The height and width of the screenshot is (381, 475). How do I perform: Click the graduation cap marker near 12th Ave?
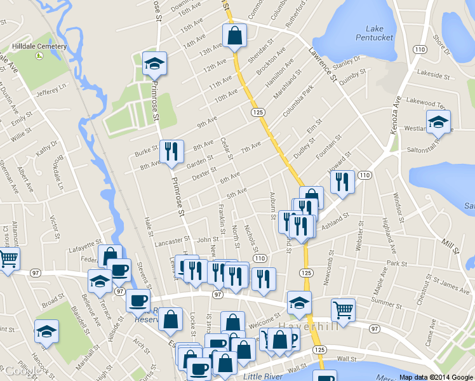[x=154, y=64]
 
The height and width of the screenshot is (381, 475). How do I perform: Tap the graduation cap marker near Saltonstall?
[x=438, y=122]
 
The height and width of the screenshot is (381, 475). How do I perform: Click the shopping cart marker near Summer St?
[x=343, y=311]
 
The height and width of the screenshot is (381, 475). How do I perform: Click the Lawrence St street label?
[x=322, y=65]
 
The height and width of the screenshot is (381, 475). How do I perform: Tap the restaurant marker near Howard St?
[x=342, y=183]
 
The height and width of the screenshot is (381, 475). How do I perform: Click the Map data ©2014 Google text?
[x=436, y=377]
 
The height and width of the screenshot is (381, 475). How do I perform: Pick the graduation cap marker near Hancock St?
[x=46, y=333]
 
